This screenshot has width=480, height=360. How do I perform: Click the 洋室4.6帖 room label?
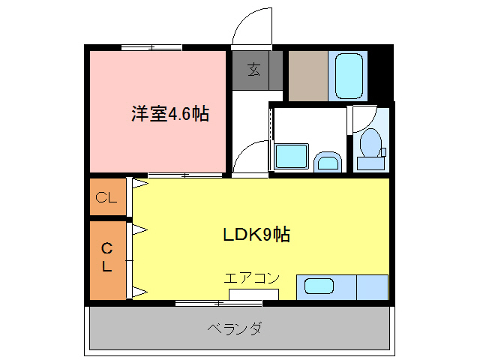170,115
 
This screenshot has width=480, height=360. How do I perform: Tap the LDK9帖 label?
256,235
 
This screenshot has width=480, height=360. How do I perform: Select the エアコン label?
251,278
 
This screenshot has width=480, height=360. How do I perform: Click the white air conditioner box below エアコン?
254,293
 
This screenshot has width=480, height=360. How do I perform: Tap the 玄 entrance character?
254,70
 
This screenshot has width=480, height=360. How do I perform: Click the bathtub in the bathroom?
347,75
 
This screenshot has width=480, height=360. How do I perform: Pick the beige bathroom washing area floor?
307,75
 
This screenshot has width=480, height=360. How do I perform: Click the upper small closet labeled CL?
106,198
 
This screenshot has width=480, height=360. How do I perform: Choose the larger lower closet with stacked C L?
107,257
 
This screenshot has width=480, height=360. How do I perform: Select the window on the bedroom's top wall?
151,47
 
